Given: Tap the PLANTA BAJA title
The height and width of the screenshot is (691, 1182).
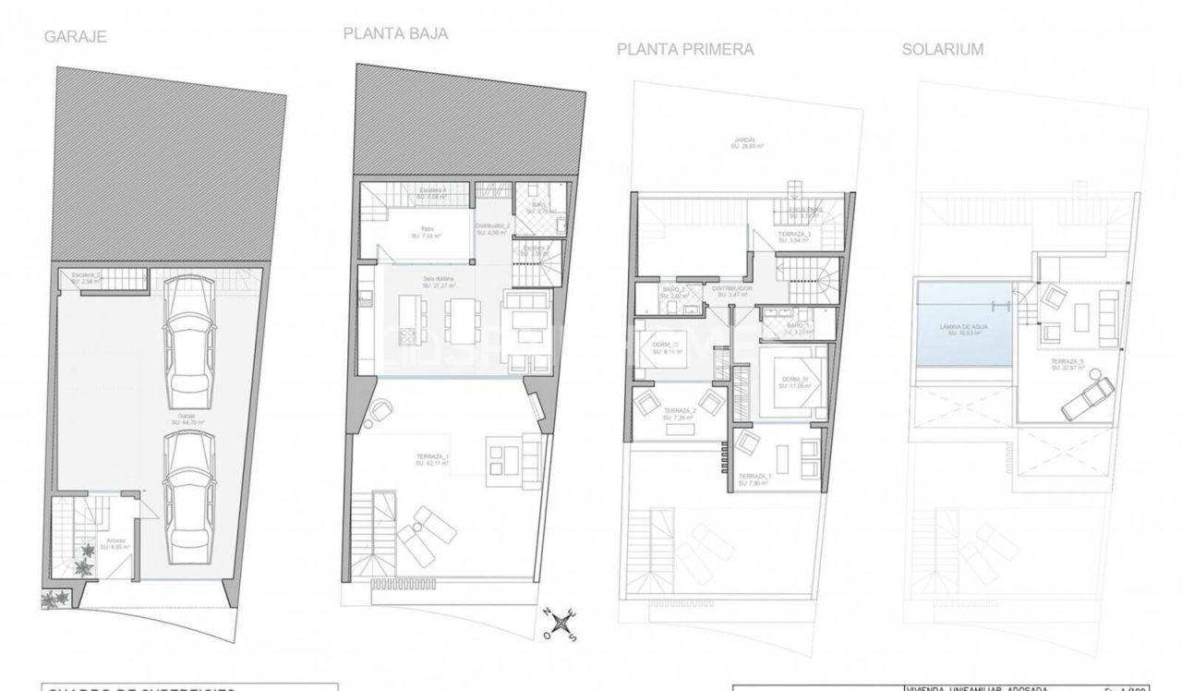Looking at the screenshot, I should coord(395,33).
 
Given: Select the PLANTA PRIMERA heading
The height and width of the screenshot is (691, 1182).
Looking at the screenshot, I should coord(684,50).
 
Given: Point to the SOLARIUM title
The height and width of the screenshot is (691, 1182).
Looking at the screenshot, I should coord(942,50).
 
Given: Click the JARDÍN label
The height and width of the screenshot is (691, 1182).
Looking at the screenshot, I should coord(745,142).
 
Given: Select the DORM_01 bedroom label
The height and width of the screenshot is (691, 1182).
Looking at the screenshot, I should coord(793,382).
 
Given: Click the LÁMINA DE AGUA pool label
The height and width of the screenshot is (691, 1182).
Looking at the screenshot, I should coord(960,329).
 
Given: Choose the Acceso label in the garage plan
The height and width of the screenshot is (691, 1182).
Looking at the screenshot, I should coord(116,544).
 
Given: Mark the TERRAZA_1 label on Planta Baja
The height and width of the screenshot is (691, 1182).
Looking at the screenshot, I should coord(432,460).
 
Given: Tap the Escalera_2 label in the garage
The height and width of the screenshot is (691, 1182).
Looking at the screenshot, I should coord(85,277).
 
